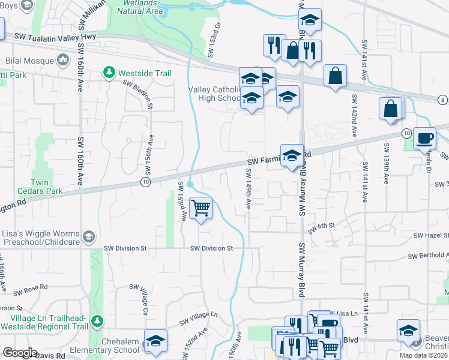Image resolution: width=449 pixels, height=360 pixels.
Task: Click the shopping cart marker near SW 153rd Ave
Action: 201,208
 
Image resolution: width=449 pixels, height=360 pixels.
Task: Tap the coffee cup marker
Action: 425,138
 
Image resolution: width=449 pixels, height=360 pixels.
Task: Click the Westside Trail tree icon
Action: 109,73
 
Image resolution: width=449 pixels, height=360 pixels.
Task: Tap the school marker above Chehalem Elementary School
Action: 155,340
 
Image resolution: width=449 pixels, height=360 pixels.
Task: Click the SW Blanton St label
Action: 139,95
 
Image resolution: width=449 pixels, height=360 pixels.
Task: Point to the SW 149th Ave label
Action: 247,188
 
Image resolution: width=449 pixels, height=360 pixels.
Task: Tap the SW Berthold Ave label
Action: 428,256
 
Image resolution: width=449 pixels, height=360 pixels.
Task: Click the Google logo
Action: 20,353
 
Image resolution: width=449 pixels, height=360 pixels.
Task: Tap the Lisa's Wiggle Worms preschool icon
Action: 89,236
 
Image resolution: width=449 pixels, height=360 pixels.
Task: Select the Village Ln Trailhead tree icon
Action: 96,322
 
